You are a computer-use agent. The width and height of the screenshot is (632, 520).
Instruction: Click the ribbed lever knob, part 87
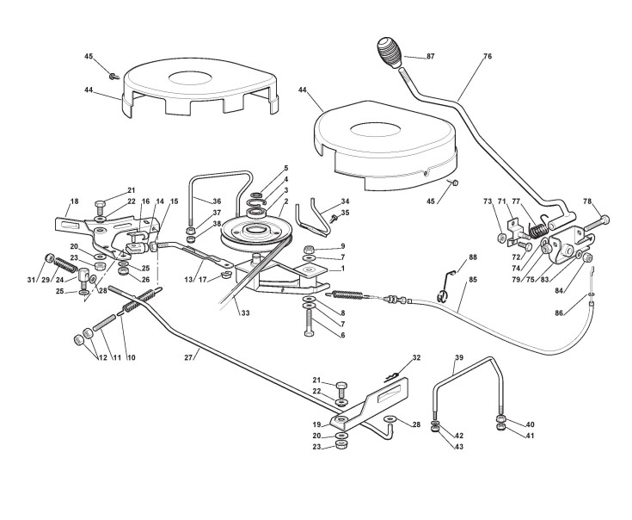coord(390,52)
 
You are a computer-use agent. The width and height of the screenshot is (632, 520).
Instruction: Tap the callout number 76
coord(488,57)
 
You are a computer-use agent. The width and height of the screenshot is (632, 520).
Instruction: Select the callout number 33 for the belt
coord(245,313)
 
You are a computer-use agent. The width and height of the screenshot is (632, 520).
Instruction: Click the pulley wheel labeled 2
coord(250,235)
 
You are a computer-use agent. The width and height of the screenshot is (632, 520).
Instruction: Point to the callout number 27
coord(188,357)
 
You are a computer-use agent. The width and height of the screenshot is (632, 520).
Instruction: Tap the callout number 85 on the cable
coord(473,279)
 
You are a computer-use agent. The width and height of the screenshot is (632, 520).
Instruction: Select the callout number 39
coord(458,357)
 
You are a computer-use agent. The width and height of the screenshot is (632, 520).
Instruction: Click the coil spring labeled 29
coord(66,264)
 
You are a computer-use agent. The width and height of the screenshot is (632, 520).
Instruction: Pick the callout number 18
coord(74,201)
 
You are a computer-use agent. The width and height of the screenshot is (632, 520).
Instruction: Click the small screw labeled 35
coord(334,219)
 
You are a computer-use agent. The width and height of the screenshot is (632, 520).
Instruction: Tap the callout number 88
coord(473,257)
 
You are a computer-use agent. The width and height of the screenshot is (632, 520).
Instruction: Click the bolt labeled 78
coord(597,223)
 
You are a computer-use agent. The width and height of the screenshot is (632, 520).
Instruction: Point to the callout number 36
coord(217,201)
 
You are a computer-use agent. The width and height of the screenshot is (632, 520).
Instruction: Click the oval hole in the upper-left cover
coord(190,77)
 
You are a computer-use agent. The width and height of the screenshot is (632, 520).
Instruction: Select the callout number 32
coord(416,357)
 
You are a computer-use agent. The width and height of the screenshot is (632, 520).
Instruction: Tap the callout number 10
coord(132,357)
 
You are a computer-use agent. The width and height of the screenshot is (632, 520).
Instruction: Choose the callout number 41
coord(530,436)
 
